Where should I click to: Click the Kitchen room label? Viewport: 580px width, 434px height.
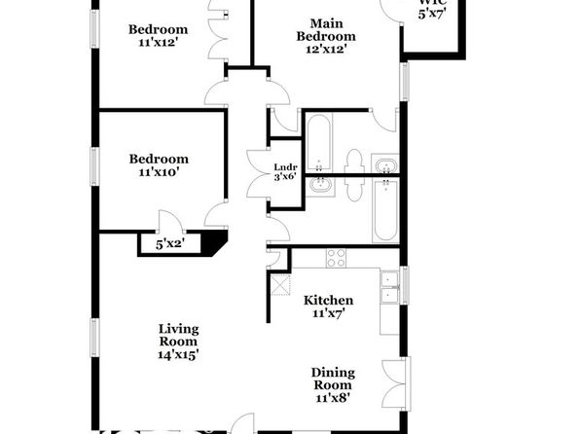pyautogui.click(x=329, y=300)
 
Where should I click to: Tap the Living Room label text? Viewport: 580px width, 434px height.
pyautogui.click(x=179, y=335)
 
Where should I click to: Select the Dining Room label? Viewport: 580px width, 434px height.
pyautogui.click(x=333, y=379)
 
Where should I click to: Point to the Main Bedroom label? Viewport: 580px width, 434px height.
pyautogui.click(x=326, y=30)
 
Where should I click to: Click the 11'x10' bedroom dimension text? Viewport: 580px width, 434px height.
pyautogui.click(x=159, y=172)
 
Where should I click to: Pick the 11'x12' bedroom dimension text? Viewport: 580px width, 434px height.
pyautogui.click(x=159, y=43)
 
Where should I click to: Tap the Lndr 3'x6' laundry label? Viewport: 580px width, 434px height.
pyautogui.click(x=285, y=171)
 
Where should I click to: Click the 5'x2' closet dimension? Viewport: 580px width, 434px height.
pyautogui.click(x=170, y=244)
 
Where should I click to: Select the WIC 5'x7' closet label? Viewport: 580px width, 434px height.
pyautogui.click(x=432, y=9)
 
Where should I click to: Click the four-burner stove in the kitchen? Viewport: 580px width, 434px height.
pyautogui.click(x=336, y=258)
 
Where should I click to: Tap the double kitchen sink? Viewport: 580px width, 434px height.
pyautogui.click(x=389, y=287)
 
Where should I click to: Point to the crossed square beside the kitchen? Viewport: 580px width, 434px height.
pyautogui.click(x=280, y=285)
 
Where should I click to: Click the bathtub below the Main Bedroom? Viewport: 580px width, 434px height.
pyautogui.click(x=319, y=142)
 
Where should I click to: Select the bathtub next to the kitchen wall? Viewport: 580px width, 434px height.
pyautogui.click(x=385, y=210)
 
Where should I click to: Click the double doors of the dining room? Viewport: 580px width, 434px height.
pyautogui.click(x=396, y=383)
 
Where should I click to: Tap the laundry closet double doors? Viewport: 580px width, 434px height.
pyautogui.click(x=259, y=173)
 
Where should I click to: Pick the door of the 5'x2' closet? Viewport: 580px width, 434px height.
pyautogui.click(x=170, y=221)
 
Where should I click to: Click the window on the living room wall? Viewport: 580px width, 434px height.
pyautogui.click(x=95, y=338)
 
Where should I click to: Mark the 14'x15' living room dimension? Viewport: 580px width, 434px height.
pyautogui.click(x=179, y=354)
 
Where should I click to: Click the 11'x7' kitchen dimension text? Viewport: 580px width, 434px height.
pyautogui.click(x=329, y=313)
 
